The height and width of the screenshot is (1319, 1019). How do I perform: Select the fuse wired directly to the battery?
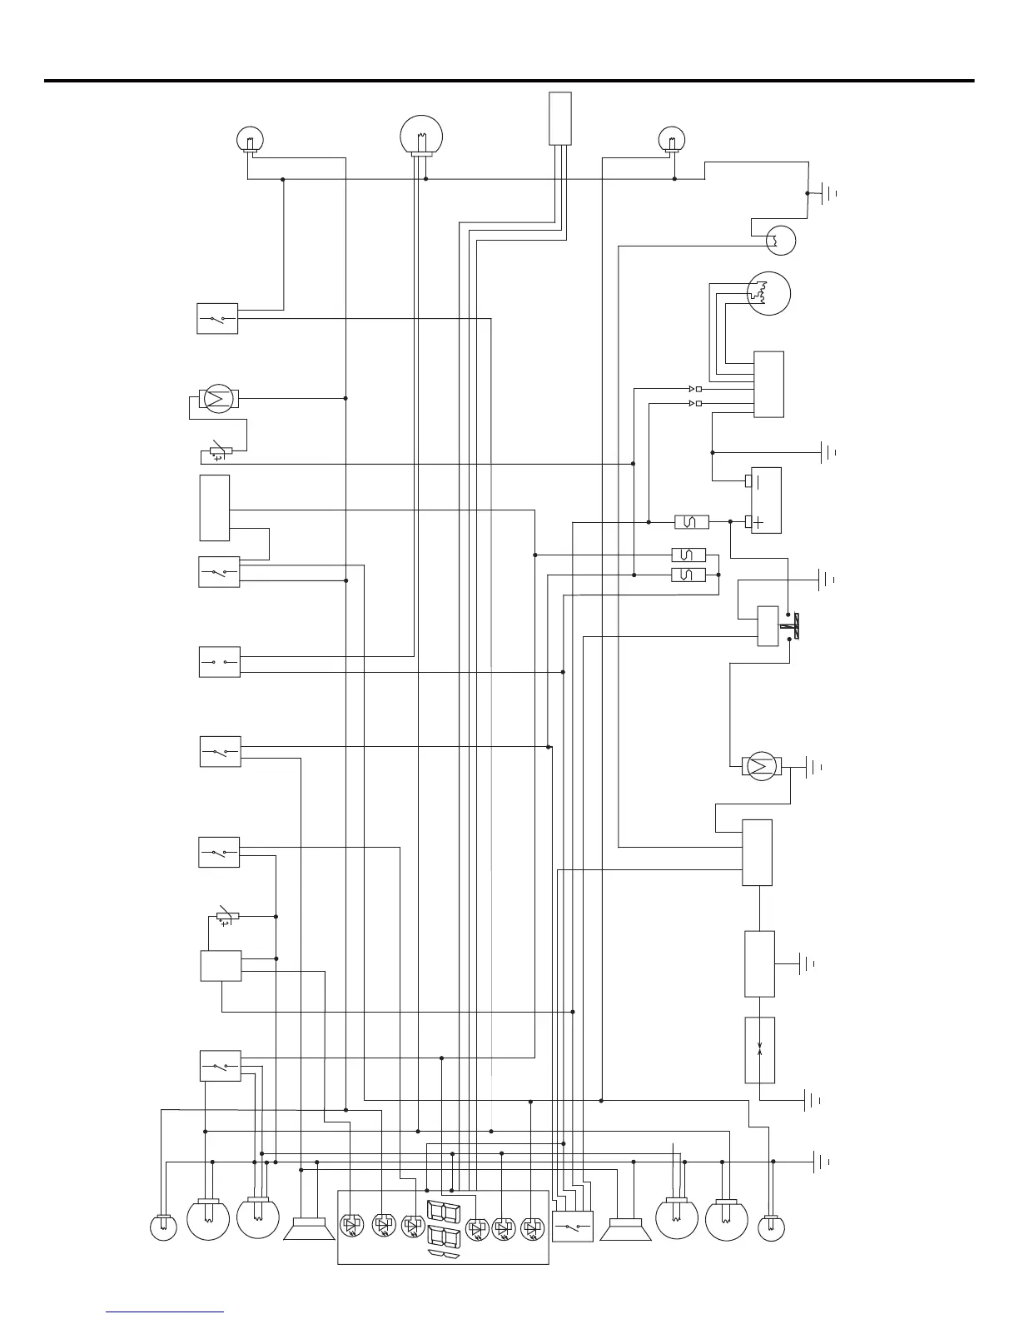click(691, 522)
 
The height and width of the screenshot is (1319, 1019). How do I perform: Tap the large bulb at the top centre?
click(421, 135)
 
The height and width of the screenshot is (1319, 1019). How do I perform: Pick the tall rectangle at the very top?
click(560, 118)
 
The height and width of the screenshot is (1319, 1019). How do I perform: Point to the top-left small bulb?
click(249, 137)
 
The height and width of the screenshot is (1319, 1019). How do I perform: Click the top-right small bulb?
click(671, 137)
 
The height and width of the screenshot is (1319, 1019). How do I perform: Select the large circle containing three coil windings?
click(768, 293)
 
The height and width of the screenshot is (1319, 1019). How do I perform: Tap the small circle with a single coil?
click(781, 241)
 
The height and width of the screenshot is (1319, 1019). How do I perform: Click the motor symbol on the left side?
click(218, 399)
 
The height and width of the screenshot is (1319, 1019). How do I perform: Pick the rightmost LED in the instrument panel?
click(531, 1228)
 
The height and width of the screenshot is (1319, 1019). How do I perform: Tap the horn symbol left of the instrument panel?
click(309, 1229)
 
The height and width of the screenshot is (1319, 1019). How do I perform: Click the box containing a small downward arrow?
click(759, 1049)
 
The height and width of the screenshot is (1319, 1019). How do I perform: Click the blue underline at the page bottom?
click(165, 1312)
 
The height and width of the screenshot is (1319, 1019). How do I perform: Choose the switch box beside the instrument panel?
click(572, 1227)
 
